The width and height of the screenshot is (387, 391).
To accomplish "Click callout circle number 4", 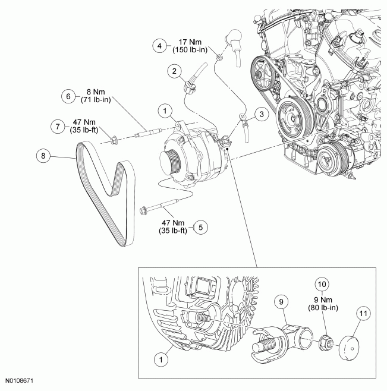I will pos(159,45).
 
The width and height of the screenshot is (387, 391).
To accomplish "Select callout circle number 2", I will pos(174,72).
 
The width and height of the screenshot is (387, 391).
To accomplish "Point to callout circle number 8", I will pos(42,156).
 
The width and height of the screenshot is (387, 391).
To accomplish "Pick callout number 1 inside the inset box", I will pos(159,359).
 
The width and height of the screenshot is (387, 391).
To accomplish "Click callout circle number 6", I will pos(68,96).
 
